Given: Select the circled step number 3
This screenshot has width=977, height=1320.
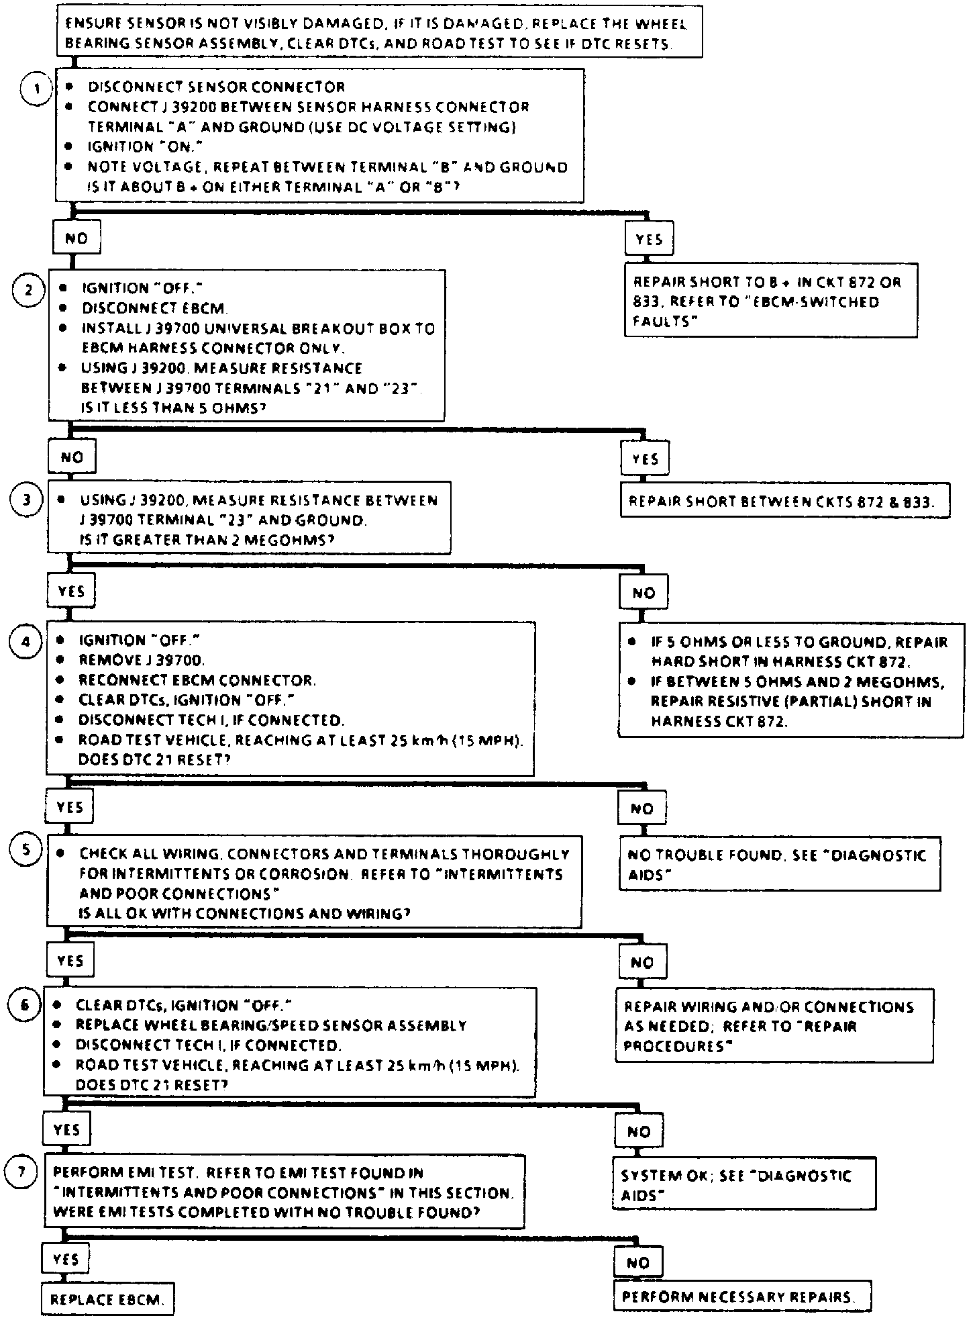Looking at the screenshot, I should pyautogui.click(x=27, y=500).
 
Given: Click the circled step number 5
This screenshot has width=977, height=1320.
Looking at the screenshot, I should pyautogui.click(x=25, y=850).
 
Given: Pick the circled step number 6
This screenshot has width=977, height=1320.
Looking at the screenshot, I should pyautogui.click(x=23, y=1005).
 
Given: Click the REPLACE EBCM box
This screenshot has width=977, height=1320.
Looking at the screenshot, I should pyautogui.click(x=107, y=1299).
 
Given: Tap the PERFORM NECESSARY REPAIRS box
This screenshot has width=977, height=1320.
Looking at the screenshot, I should pyautogui.click(x=741, y=1297).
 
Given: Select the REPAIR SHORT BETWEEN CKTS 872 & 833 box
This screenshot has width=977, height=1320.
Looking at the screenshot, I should pyautogui.click(x=784, y=502).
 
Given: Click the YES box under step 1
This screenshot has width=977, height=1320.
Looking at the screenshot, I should pyautogui.click(x=649, y=239).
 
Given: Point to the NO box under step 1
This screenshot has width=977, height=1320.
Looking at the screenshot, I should pyautogui.click(x=76, y=238).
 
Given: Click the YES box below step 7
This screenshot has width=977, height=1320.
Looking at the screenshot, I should pyautogui.click(x=65, y=1260).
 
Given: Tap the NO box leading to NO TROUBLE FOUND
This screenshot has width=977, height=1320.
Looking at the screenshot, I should pyautogui.click(x=642, y=809).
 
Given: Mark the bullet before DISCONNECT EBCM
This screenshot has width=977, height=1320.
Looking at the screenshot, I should pyautogui.click(x=63, y=308).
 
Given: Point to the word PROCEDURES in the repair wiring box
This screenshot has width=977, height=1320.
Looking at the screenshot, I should pyautogui.click(x=677, y=1046).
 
